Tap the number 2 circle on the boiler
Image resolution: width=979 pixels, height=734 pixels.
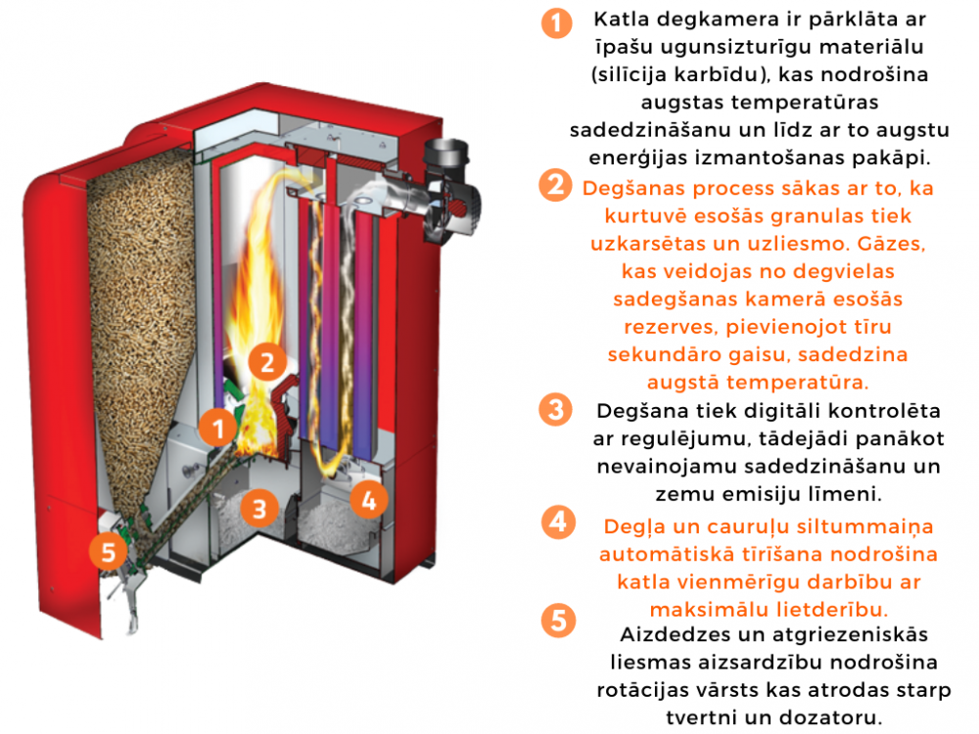pos(265,362)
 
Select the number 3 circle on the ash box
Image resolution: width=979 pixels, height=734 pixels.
pos(258,508)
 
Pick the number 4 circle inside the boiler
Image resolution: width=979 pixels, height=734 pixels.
pos(368,500)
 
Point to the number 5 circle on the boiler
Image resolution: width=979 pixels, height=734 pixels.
pos(108,552)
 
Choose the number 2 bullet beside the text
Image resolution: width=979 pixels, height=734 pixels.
pos(556,186)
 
